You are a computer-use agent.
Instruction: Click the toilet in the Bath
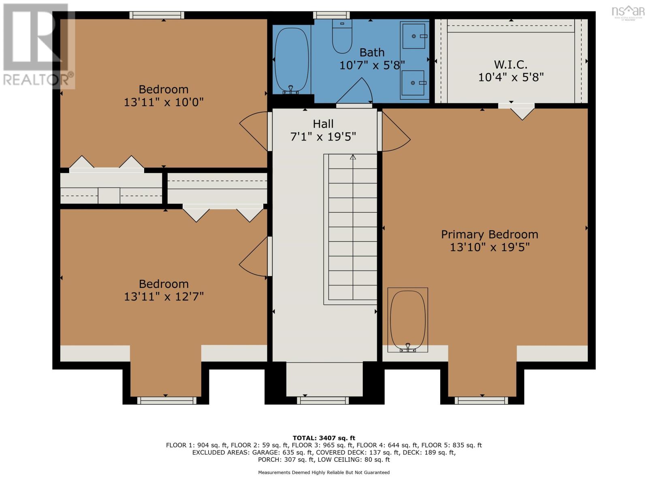point(342,36)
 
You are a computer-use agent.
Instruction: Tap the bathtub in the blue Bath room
point(291,60)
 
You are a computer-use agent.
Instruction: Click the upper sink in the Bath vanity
point(414,36)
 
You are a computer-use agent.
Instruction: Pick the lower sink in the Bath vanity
point(413,83)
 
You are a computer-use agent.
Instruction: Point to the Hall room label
point(323,124)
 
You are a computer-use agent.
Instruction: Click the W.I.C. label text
point(510,64)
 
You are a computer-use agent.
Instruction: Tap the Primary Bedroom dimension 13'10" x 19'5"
point(490,247)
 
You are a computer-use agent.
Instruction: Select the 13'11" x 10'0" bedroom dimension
point(164,102)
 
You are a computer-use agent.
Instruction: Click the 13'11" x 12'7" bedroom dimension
point(164,296)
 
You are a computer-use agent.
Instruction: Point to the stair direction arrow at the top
point(353,157)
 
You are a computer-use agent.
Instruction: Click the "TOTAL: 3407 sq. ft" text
point(324,438)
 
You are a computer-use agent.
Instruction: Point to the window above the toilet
point(331,15)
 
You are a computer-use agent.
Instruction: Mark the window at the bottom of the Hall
point(323,401)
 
